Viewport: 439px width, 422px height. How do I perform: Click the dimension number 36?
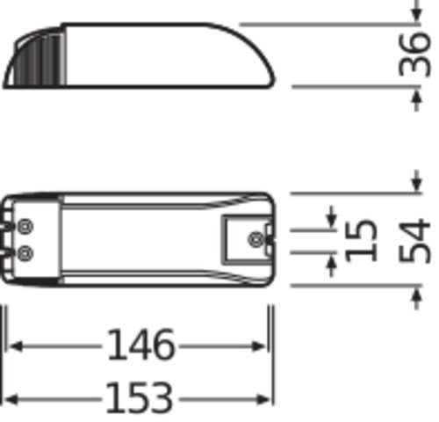[414, 55]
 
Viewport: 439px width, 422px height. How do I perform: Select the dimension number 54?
[414, 241]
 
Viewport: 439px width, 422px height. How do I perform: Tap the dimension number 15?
[360, 240]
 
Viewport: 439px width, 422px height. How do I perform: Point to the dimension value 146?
[141, 345]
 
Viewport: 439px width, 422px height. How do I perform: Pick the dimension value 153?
[139, 397]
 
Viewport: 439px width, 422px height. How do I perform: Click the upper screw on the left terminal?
[25, 227]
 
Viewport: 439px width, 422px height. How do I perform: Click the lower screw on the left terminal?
[25, 253]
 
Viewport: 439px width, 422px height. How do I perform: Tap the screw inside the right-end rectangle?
[256, 240]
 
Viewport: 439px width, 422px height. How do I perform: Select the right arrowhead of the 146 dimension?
[258, 346]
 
